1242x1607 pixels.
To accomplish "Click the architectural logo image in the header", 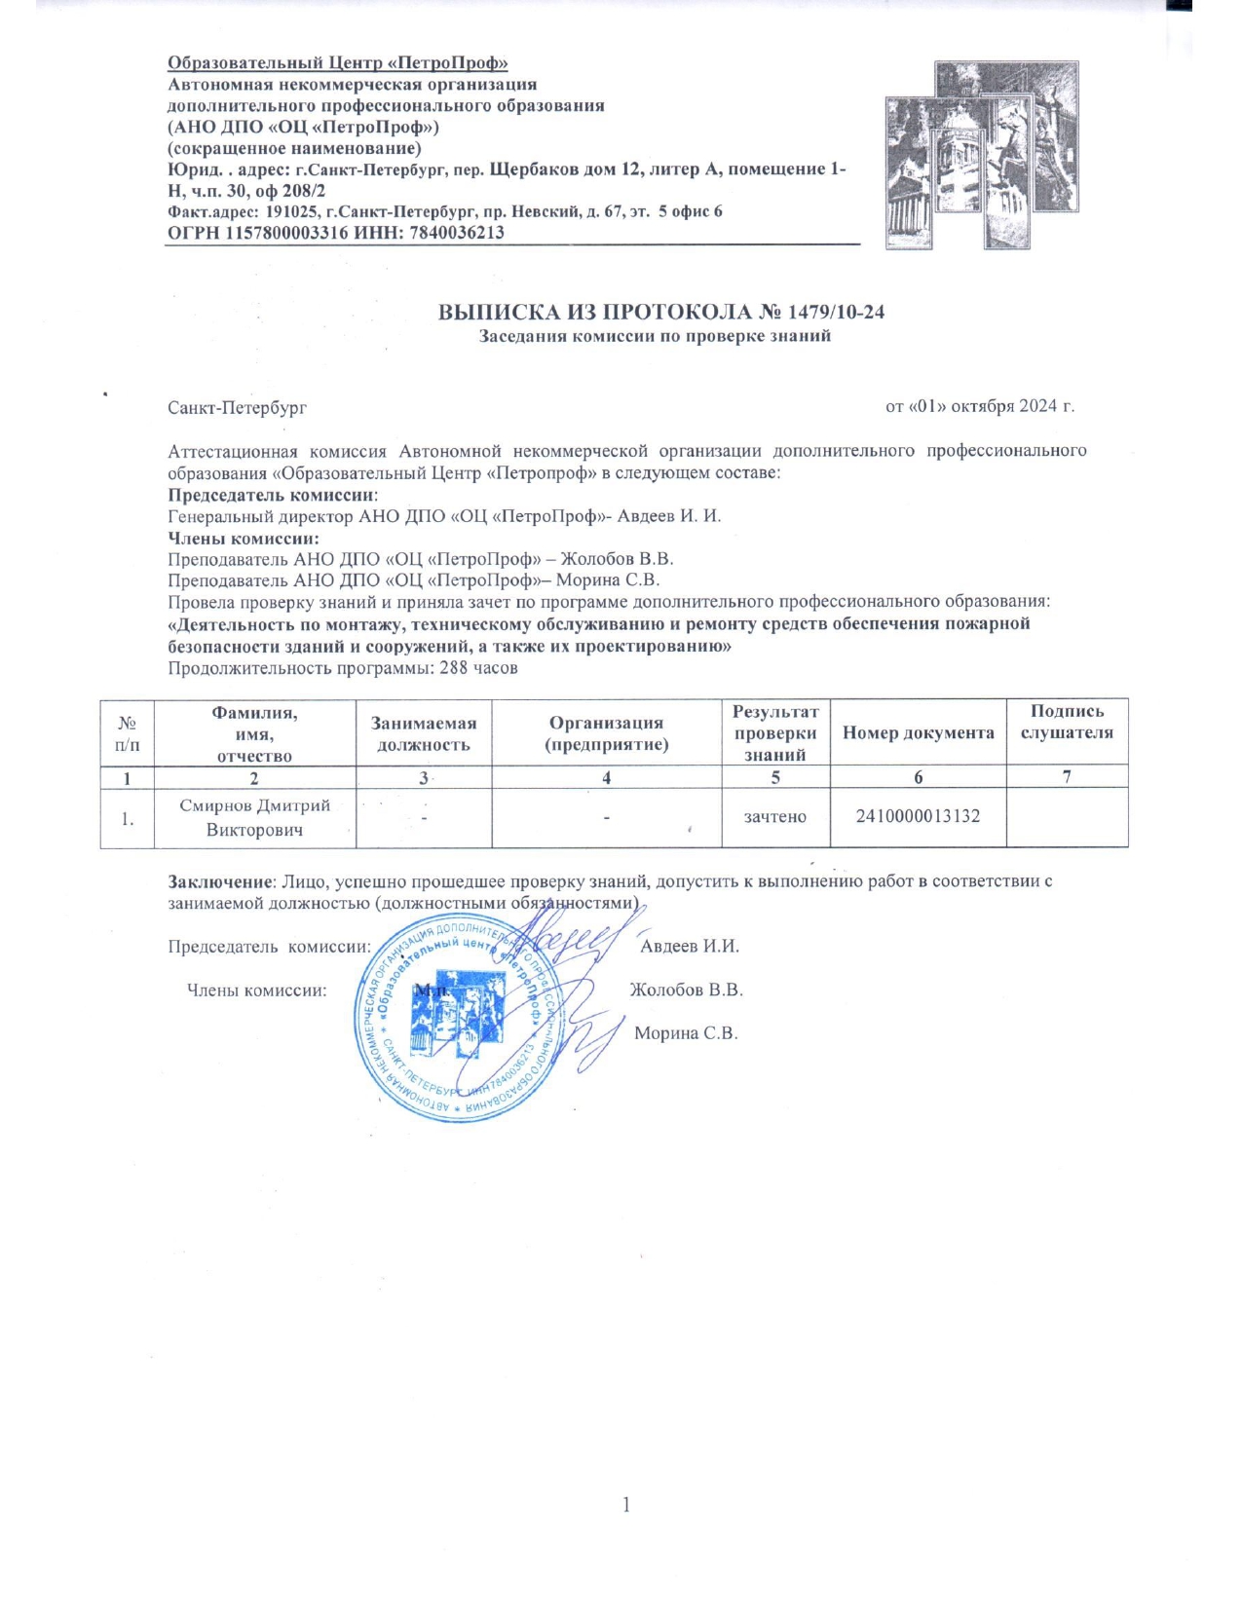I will (982, 155).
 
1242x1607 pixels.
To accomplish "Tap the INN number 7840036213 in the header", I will (457, 232).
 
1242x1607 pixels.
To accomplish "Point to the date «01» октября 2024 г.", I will (979, 406).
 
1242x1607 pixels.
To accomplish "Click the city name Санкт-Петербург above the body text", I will (237, 407).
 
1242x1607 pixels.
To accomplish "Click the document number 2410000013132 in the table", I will (918, 816).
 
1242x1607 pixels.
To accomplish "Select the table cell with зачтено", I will (774, 816).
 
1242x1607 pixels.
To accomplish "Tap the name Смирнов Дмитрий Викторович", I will (254, 818).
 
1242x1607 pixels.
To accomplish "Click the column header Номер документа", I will (918, 732).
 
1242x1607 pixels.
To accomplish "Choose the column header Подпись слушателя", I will (1067, 722).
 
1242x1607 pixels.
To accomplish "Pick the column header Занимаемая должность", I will (423, 733).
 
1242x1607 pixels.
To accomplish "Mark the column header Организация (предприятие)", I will (606, 733).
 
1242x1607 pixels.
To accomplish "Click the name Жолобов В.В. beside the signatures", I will (686, 990).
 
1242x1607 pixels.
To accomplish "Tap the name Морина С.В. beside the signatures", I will (686, 1032).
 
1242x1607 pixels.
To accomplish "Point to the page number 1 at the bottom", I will (626, 1505).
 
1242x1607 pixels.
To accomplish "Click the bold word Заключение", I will (220, 881).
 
